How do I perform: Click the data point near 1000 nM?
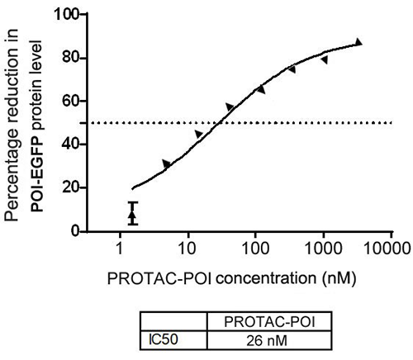[325, 60]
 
